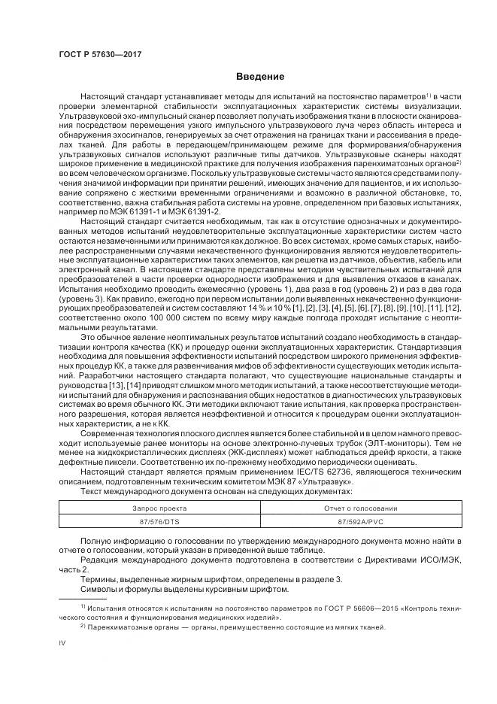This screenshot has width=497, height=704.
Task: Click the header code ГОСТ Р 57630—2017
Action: click(99, 55)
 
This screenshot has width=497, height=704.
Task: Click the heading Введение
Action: click(260, 77)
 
